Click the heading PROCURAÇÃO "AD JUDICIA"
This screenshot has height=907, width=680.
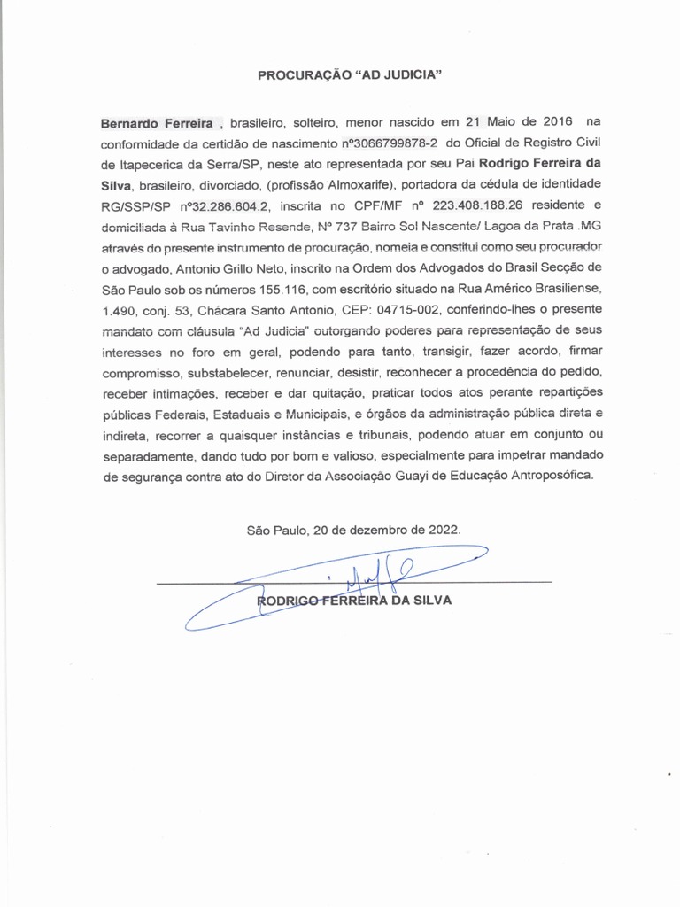349,76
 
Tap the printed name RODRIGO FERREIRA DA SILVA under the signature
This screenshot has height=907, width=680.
353,600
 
